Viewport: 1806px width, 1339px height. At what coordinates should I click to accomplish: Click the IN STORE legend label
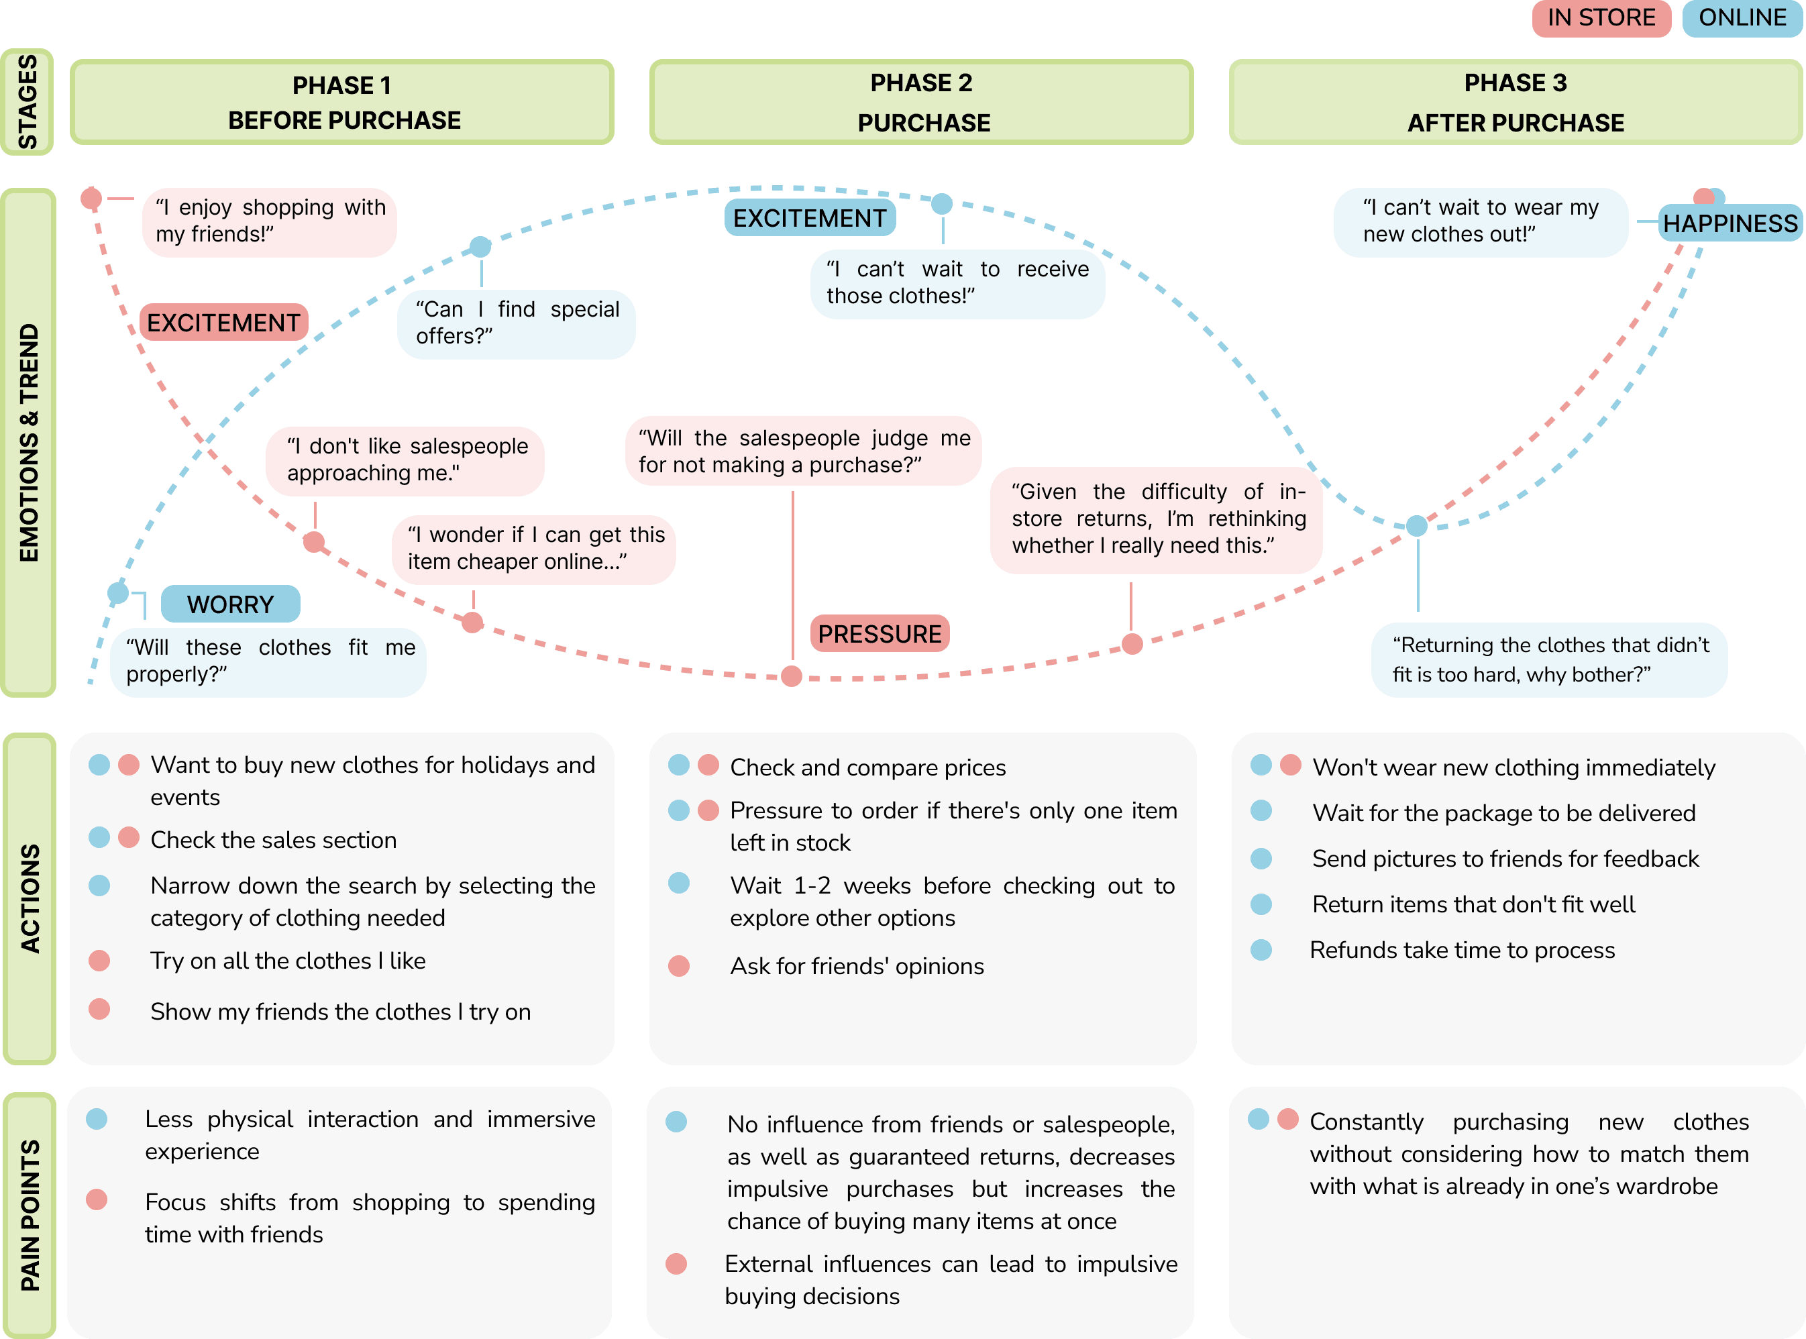pos(1600,18)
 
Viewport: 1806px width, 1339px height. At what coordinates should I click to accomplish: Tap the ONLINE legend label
pos(1742,18)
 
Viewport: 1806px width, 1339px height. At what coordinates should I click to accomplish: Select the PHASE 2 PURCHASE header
pos(921,102)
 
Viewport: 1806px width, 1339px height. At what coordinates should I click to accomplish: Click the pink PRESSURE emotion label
pos(880,634)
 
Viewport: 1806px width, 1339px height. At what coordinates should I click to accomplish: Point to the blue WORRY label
pos(230,604)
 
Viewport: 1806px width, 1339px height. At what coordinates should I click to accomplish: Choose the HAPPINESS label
pos(1730,223)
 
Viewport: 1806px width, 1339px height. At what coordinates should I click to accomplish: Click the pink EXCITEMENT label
pos(223,323)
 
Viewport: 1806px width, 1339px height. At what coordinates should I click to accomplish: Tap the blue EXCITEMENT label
pos(809,218)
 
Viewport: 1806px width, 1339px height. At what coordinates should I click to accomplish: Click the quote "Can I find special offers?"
pos(517,323)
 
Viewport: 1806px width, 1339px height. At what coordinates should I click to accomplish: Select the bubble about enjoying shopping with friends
pos(269,221)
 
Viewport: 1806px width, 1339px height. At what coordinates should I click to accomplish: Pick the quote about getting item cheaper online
pos(534,549)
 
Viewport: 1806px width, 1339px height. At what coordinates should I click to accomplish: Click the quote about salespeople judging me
pos(802,451)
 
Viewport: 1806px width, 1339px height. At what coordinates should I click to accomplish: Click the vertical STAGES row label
pos(28,102)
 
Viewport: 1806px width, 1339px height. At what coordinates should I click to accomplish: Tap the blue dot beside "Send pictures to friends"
pos(1261,859)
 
